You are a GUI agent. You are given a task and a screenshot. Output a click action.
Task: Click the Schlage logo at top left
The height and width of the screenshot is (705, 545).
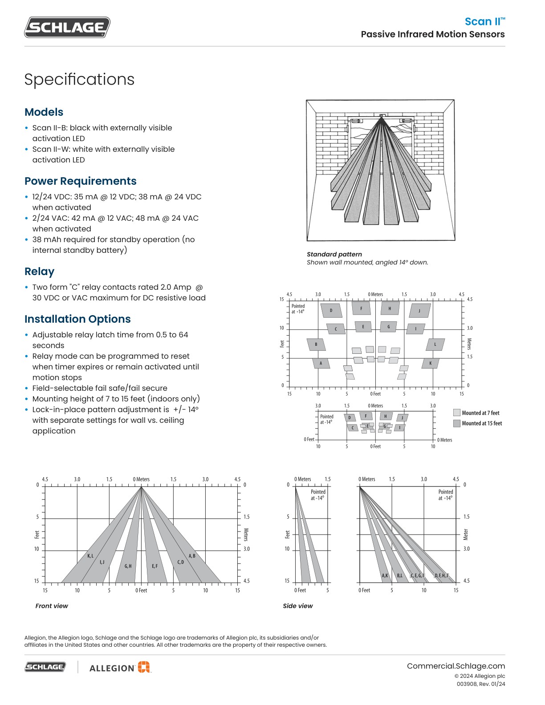pyautogui.click(x=67, y=28)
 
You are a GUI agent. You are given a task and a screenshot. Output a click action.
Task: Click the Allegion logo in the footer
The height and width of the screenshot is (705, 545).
pyautogui.click(x=119, y=667)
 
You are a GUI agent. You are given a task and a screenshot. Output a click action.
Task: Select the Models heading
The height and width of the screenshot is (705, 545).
pyautogui.click(x=44, y=112)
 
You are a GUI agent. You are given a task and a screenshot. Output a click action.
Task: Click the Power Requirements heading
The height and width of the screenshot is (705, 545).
pyautogui.click(x=80, y=181)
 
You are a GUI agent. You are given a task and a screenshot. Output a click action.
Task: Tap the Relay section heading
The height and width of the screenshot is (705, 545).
pyautogui.click(x=39, y=271)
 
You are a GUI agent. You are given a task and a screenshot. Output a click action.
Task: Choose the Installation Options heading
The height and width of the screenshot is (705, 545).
pyautogui.click(x=77, y=319)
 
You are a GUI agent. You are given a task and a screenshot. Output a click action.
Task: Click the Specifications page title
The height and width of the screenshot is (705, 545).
pyautogui.click(x=79, y=80)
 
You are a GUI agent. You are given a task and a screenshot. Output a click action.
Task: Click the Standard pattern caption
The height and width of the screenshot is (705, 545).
pyautogui.click(x=334, y=254)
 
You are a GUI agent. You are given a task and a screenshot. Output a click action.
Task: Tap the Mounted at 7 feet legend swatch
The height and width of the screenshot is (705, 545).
pyautogui.click(x=456, y=413)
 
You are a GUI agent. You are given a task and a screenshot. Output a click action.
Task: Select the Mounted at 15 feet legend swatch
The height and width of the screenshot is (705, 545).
pyautogui.click(x=456, y=423)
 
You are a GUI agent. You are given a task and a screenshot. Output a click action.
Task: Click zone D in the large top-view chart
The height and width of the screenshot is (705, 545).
pyautogui.click(x=331, y=310)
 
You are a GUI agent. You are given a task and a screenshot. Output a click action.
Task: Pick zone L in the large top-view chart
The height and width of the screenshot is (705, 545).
pyautogui.click(x=435, y=344)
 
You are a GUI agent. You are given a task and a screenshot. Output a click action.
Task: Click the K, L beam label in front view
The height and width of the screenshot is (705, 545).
pyautogui.click(x=90, y=556)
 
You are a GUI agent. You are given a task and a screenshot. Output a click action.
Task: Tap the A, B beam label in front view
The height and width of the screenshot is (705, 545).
pyautogui.click(x=192, y=556)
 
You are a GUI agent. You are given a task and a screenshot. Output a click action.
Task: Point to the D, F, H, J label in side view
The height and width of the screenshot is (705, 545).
pyautogui.click(x=441, y=575)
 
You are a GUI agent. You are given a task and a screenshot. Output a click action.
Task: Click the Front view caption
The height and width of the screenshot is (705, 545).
pyautogui.click(x=52, y=606)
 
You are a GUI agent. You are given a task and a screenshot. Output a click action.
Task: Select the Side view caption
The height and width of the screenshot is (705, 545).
pyautogui.click(x=298, y=606)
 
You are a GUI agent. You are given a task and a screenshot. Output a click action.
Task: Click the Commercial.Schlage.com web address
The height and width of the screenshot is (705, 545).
pyautogui.click(x=456, y=666)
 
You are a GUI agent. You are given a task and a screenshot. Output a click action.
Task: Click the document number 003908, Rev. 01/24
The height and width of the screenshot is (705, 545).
pyautogui.click(x=480, y=684)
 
